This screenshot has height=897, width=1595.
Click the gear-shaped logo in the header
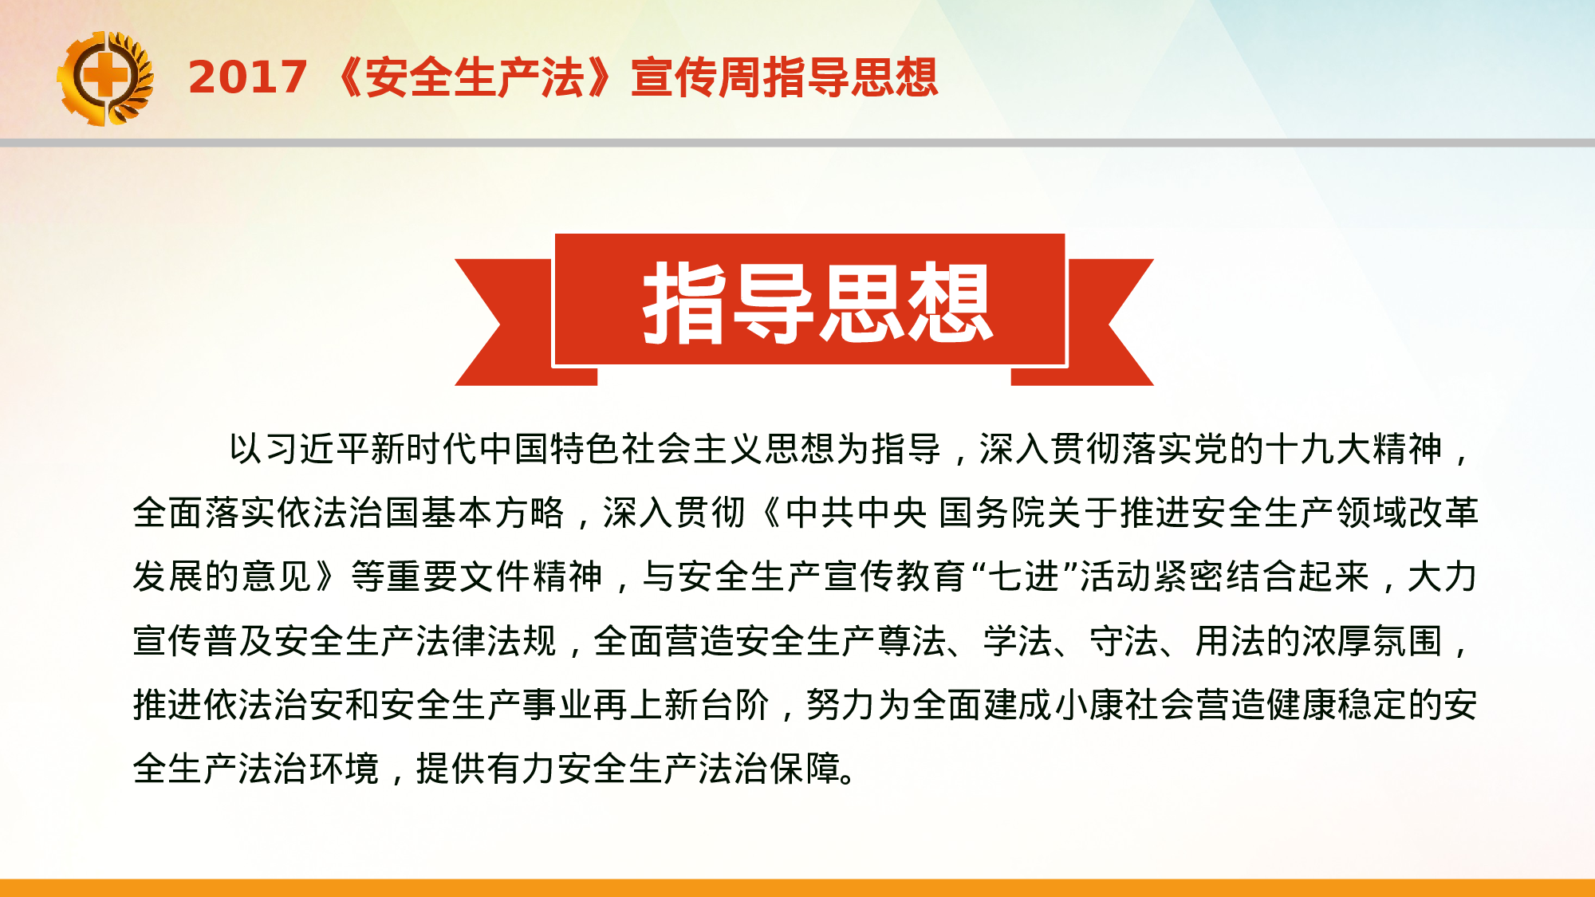[x=104, y=78]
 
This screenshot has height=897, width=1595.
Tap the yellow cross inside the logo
[x=104, y=77]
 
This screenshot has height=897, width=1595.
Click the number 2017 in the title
[x=247, y=77]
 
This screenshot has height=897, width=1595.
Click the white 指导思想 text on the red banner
[x=817, y=303]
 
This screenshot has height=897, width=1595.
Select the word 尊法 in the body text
[x=912, y=641]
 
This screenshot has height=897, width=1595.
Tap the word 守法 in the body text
[x=1124, y=641]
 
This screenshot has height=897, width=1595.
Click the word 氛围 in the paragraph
[x=1408, y=641]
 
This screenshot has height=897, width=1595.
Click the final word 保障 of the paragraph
[x=805, y=769]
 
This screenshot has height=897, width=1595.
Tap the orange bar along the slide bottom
[x=797, y=887]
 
